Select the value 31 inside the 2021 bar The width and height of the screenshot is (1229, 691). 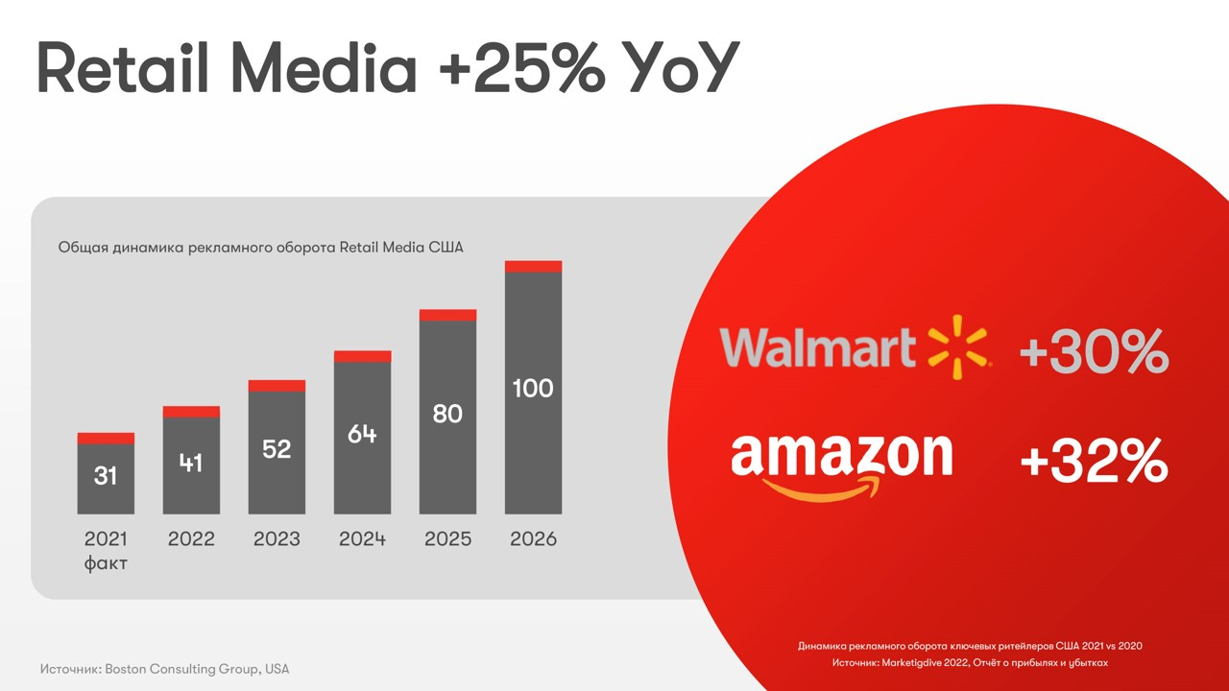tap(106, 475)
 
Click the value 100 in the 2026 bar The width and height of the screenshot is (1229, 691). tap(533, 389)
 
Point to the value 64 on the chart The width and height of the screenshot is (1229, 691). tap(362, 434)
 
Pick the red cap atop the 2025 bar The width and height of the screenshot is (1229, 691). tap(447, 315)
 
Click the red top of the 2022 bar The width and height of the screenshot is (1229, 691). tap(191, 412)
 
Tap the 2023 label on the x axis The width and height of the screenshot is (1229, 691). tap(277, 539)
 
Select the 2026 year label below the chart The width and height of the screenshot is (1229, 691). tap(533, 539)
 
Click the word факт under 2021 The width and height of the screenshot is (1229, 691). tap(106, 563)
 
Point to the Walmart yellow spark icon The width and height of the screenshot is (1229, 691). tap(957, 346)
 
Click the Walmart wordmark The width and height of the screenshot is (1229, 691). tap(818, 347)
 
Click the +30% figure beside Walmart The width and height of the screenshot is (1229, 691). tap(1094, 352)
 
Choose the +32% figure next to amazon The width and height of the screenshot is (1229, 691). tap(1094, 463)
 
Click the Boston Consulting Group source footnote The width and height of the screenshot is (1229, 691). tap(164, 669)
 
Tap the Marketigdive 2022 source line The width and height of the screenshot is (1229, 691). tap(970, 663)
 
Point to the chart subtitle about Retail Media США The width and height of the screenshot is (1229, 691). tap(260, 248)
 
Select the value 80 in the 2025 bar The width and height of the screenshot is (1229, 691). tap(447, 415)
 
